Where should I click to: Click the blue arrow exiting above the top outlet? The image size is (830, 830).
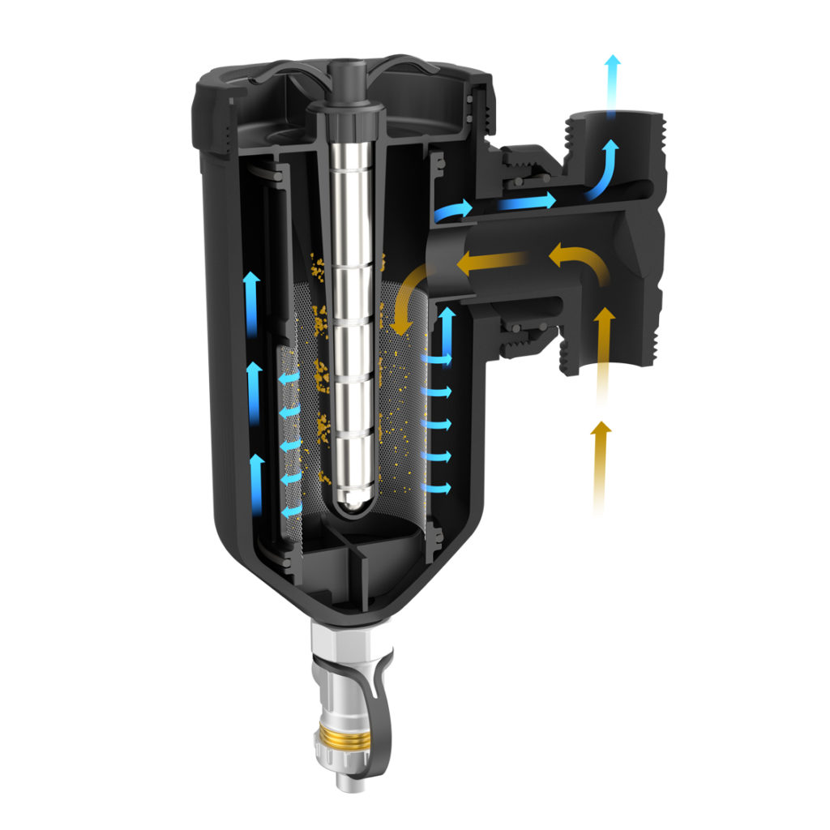pyautogui.click(x=614, y=85)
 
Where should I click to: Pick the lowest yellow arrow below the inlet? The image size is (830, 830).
pyautogui.click(x=600, y=466)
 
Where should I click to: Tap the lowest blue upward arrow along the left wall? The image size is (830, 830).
pyautogui.click(x=256, y=482)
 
